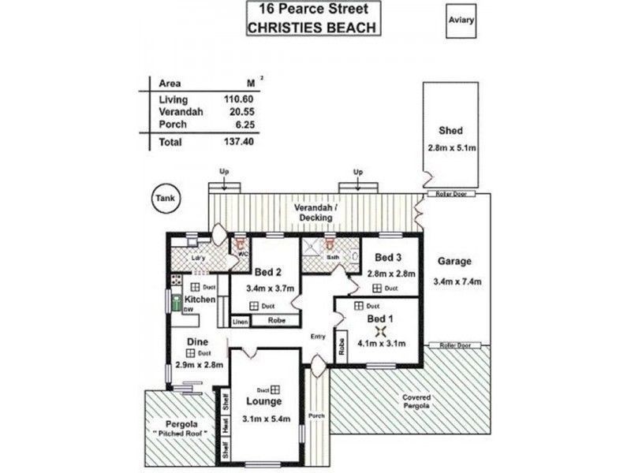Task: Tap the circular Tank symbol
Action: (165, 199)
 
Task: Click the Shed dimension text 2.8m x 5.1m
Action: (450, 147)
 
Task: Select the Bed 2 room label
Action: (267, 272)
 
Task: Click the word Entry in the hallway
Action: (318, 337)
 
